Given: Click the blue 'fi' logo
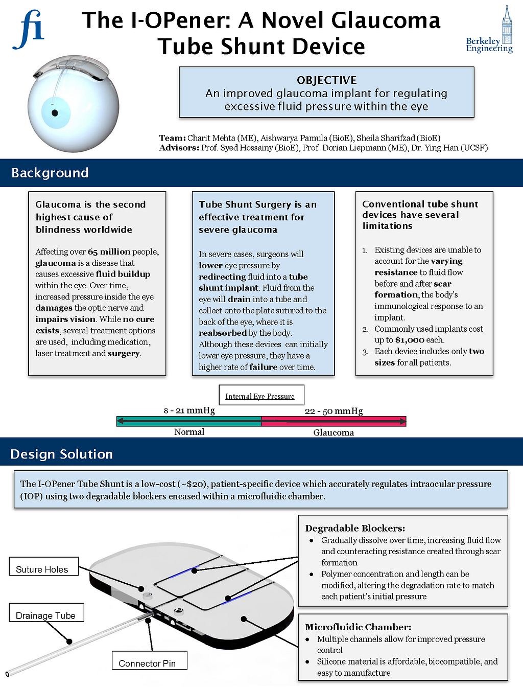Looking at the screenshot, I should click(29, 30).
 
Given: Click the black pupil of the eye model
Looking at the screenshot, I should click(55, 113).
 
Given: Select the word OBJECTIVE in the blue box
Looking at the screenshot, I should click(326, 80).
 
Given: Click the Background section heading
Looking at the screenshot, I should click(50, 173).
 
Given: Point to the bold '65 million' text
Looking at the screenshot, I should click(109, 251).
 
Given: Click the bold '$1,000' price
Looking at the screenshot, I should click(410, 340).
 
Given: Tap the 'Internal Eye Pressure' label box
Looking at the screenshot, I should click(260, 396).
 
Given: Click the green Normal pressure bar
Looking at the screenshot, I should click(189, 421).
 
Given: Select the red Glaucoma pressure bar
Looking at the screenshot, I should click(334, 421).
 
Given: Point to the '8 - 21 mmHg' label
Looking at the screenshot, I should click(189, 410).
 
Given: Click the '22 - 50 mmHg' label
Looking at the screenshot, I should click(334, 411).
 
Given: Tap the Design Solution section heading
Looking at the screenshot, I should click(61, 454).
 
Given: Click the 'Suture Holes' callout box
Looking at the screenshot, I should click(42, 569).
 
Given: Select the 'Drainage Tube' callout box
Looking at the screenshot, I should click(46, 615).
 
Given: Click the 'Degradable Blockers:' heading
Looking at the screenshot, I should click(355, 528).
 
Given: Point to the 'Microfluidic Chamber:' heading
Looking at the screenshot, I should click(358, 627).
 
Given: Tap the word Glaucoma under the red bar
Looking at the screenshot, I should click(334, 432).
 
